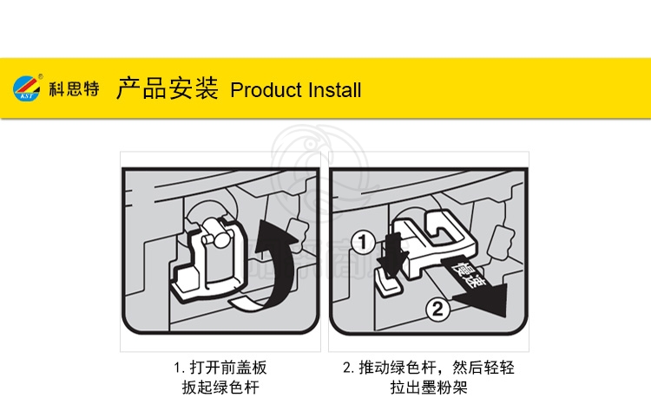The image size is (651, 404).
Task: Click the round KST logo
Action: pos(27,88)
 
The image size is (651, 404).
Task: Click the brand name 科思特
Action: pos(75,88)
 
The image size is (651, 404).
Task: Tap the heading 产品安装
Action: pos(167,88)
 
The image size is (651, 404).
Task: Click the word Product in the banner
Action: pos(266,90)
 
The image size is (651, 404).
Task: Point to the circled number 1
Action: pos(363,242)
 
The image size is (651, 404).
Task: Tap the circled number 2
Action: pos(437,309)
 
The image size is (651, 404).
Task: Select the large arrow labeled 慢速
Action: pos(473,286)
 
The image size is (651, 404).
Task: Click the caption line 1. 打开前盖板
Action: pos(220,368)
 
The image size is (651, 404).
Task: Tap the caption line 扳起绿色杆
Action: pos(220,388)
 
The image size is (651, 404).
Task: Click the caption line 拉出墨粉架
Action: pos(429,388)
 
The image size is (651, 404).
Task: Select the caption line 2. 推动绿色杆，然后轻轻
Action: pos(429,368)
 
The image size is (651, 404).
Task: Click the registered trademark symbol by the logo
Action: pos(40,76)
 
